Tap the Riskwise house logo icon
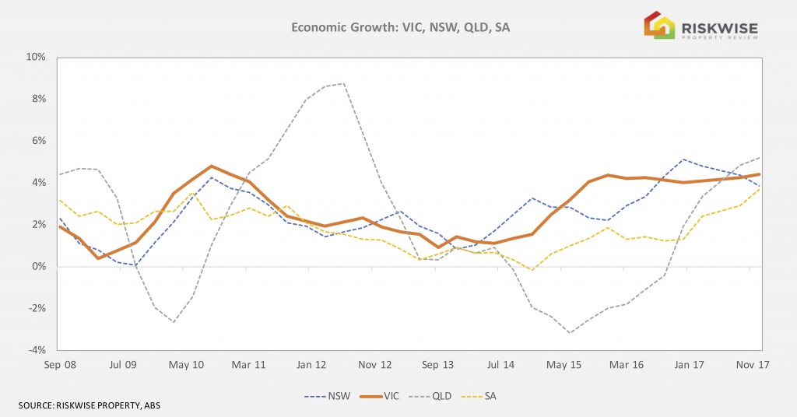658,25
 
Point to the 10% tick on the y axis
36,58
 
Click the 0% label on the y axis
38,267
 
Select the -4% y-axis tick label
37,350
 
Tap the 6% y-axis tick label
38,141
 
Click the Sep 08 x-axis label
60,364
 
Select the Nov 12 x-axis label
375,364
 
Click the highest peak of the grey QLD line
343,83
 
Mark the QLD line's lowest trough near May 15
570,333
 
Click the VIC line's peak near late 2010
211,166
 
